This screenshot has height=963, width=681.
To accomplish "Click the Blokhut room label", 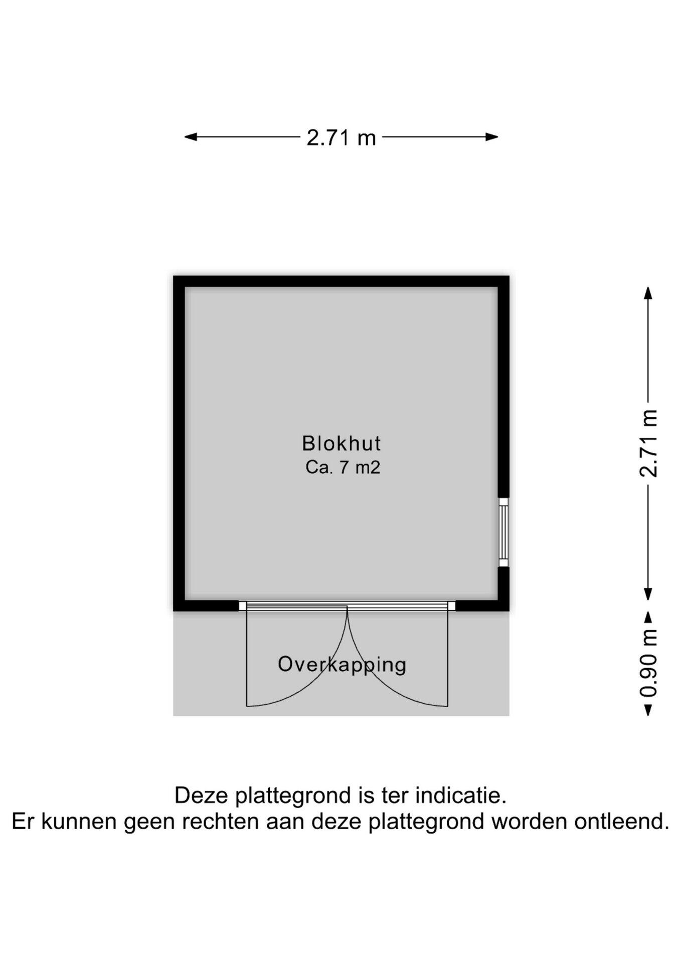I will click(341, 443).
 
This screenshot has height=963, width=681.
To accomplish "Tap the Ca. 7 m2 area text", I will click(343, 467).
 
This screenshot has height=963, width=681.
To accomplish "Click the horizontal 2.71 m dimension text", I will click(341, 137).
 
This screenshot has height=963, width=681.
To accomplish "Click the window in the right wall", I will click(503, 532).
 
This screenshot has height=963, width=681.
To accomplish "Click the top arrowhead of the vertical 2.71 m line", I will click(648, 292).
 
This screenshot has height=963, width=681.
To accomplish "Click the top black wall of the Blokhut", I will click(341, 281).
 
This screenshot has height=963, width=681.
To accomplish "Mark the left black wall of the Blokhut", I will click(179, 443).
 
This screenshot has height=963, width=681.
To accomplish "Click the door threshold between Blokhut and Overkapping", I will click(347, 606).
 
